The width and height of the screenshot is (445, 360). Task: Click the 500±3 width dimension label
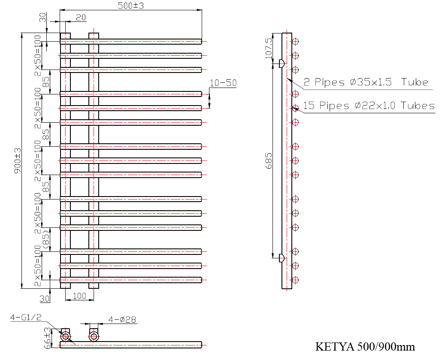(x=131, y=6)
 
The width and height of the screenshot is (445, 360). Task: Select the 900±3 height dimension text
(x=18, y=161)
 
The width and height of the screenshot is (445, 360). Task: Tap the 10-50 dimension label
(x=223, y=83)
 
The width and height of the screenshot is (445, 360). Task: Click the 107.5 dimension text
(x=269, y=48)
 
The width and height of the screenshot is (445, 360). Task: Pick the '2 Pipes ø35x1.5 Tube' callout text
(x=366, y=82)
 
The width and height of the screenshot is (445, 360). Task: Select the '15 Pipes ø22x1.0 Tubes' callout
(x=369, y=106)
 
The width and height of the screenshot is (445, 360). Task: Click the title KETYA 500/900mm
(x=365, y=346)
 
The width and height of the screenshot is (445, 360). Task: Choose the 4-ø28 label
(x=122, y=320)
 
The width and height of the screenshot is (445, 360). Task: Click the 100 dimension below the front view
(x=79, y=296)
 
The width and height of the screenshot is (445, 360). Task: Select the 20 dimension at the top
(x=81, y=18)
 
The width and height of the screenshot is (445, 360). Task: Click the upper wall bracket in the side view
(x=282, y=64)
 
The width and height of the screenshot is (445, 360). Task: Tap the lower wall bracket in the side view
(x=282, y=258)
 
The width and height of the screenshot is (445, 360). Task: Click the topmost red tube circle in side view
(x=295, y=42)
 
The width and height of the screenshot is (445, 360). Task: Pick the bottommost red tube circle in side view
(x=295, y=280)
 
